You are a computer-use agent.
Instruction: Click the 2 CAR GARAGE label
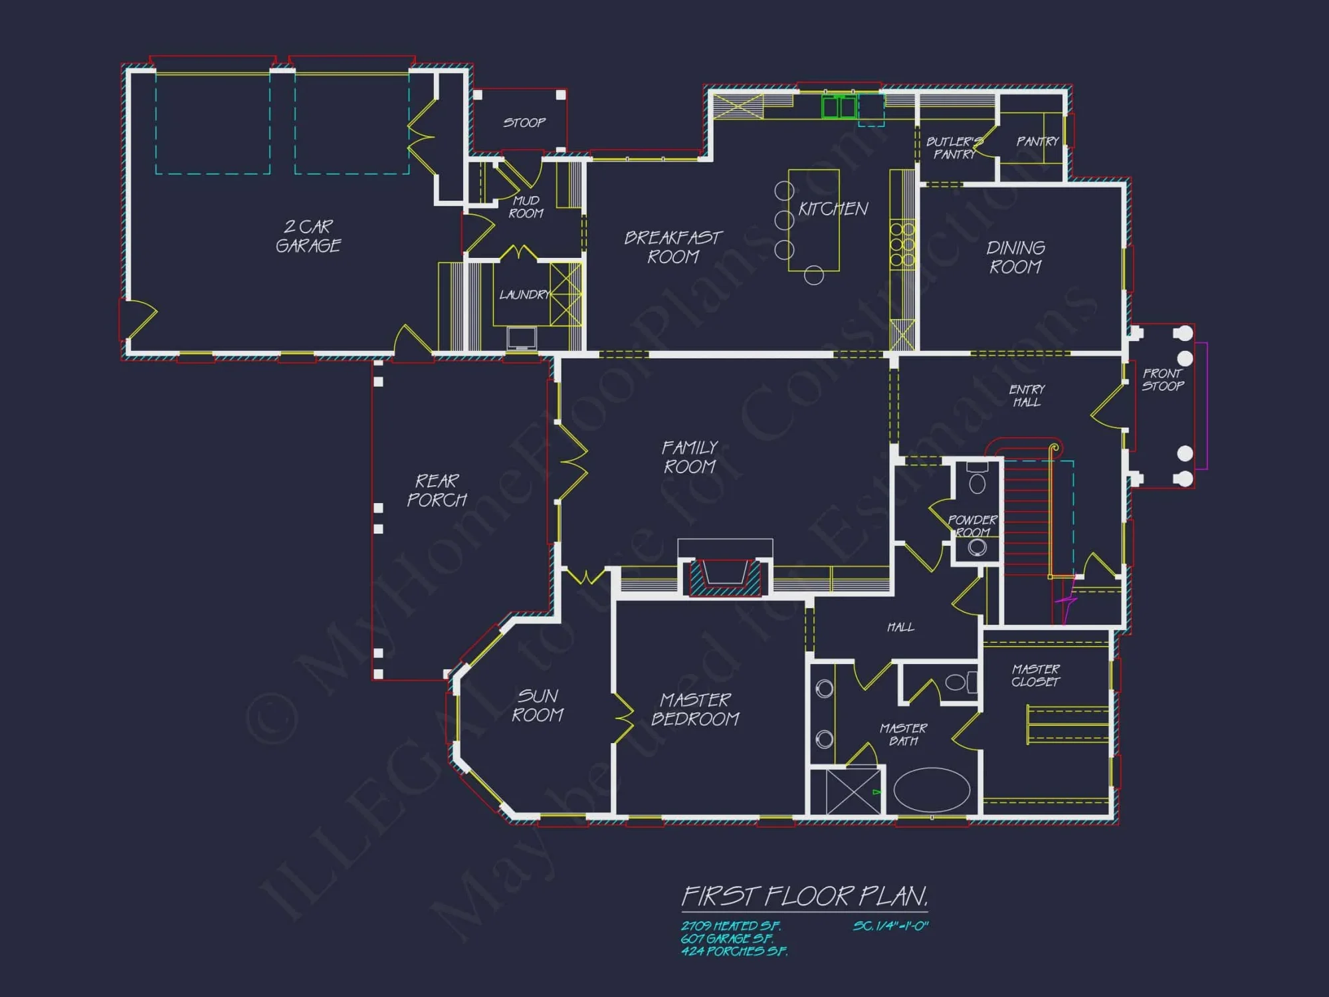pyautogui.click(x=308, y=236)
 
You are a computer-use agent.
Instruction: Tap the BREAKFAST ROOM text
pyautogui.click(x=672, y=247)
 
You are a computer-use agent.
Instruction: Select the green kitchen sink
pyautogui.click(x=839, y=107)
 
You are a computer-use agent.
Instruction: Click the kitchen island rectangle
pyautogui.click(x=813, y=220)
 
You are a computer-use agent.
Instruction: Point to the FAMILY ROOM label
pyautogui.click(x=690, y=457)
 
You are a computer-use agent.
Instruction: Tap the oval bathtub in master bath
pyautogui.click(x=932, y=790)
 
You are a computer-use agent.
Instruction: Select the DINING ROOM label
pyautogui.click(x=1015, y=257)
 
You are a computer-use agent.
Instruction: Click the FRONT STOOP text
pyautogui.click(x=1163, y=380)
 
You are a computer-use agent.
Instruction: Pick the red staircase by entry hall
pyautogui.click(x=1027, y=518)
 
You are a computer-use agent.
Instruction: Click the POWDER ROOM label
pyautogui.click(x=973, y=526)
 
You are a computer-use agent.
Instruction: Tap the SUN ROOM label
pyautogui.click(x=538, y=705)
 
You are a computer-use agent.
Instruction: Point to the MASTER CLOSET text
pyautogui.click(x=1035, y=675)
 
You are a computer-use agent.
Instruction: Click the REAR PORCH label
pyautogui.click(x=437, y=490)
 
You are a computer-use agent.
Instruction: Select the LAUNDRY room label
pyautogui.click(x=524, y=294)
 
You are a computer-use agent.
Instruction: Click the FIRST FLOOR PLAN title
pyautogui.click(x=804, y=897)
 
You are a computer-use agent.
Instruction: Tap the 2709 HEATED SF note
pyautogui.click(x=730, y=926)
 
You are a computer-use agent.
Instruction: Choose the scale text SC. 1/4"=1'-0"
pyautogui.click(x=890, y=926)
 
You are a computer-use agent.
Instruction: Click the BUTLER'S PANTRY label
pyautogui.click(x=954, y=148)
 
